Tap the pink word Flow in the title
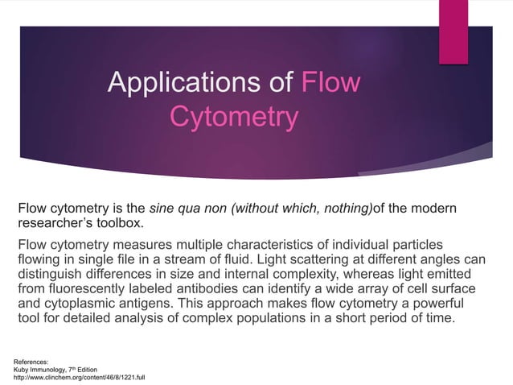click(x=330, y=83)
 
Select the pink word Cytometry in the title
click(x=234, y=118)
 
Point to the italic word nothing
click(x=348, y=209)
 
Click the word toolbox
click(x=125, y=223)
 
